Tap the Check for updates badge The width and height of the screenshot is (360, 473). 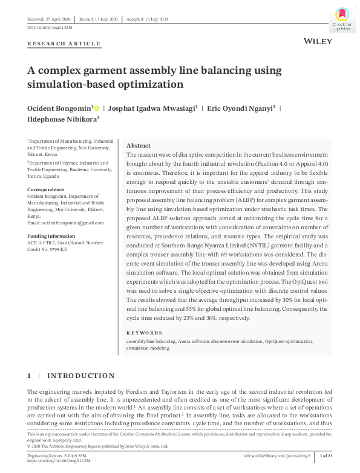[x=342, y=19]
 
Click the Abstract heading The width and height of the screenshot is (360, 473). [x=139, y=146]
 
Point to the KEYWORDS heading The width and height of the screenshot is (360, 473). [x=145, y=333]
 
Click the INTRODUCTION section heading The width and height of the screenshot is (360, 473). [x=80, y=376]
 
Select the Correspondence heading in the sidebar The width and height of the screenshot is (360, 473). [x=45, y=189]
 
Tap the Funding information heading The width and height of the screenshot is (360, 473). [x=51, y=236]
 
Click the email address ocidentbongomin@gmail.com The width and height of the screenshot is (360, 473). [x=65, y=223]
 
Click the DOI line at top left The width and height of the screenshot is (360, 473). [x=51, y=28]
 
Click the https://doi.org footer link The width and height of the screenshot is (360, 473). [x=59, y=460]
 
